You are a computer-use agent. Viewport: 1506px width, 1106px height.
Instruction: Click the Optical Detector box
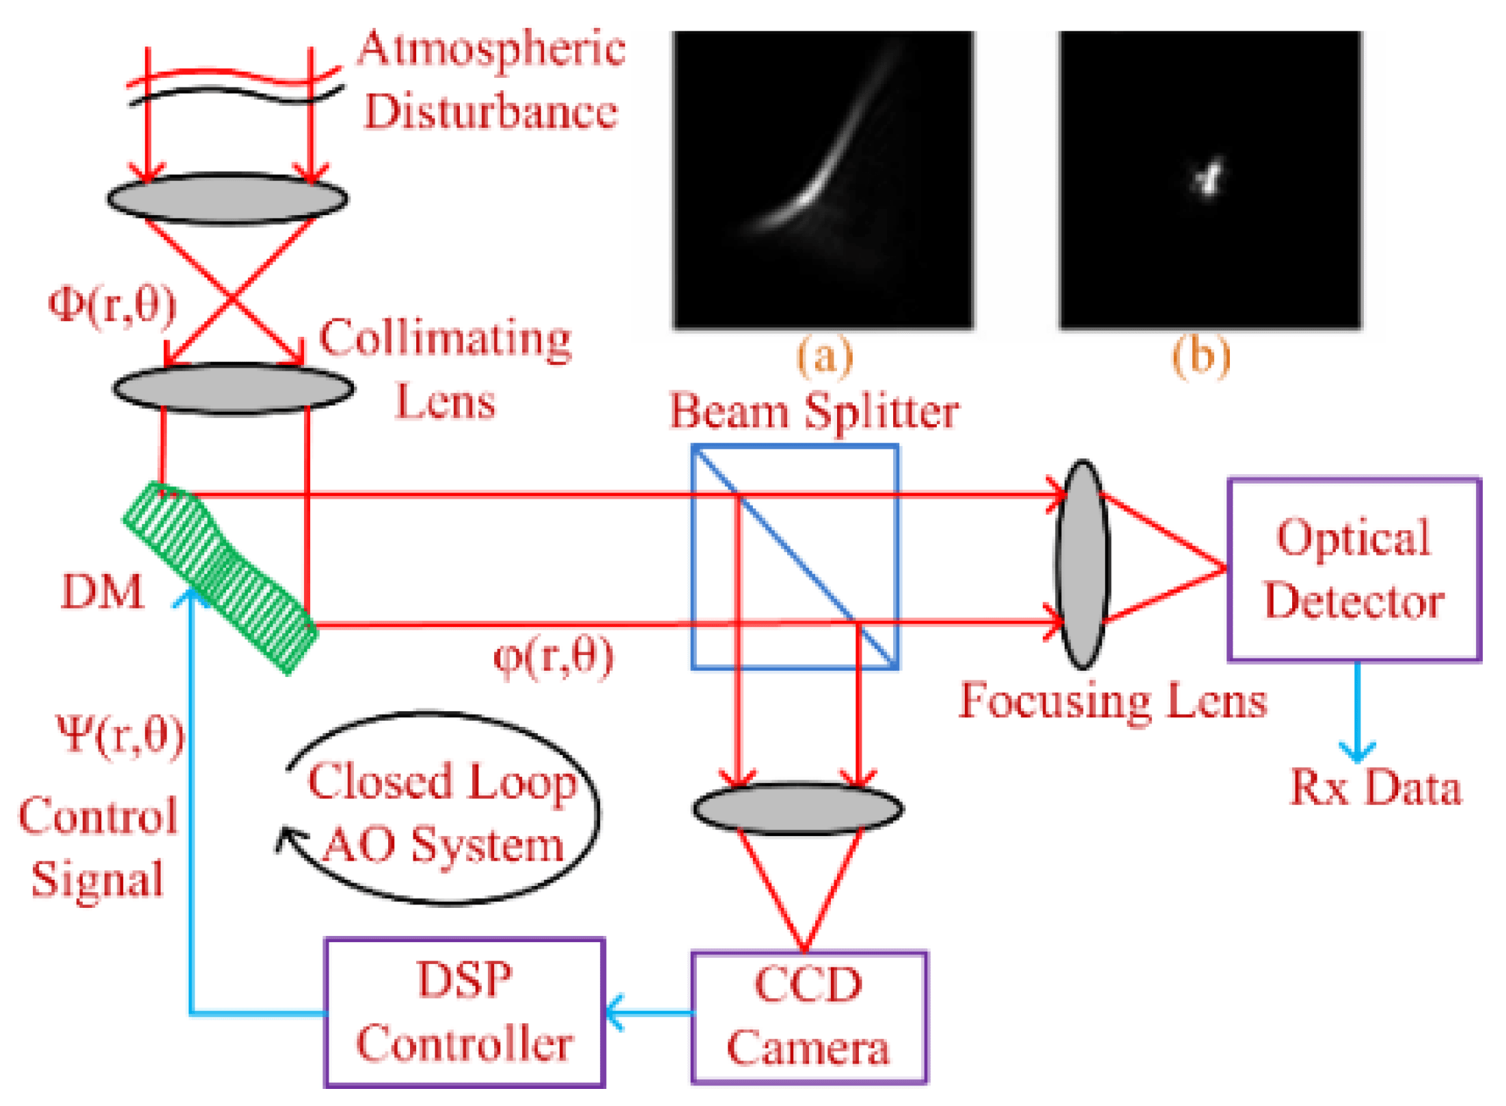click(1354, 569)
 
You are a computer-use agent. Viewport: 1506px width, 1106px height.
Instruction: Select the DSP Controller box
click(465, 1012)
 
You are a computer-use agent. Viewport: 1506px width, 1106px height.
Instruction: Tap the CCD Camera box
click(809, 1017)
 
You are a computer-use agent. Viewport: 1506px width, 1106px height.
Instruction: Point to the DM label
click(102, 592)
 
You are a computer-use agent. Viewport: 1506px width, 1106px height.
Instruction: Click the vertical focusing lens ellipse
click(1082, 564)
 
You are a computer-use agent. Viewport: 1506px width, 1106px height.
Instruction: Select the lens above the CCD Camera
click(798, 809)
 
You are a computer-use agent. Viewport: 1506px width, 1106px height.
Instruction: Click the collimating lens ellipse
click(234, 389)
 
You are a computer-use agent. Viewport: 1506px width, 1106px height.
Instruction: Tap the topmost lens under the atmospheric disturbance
click(228, 199)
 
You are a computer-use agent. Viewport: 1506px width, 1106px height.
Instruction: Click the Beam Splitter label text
click(813, 411)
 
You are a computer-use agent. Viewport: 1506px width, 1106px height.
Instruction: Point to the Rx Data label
click(1375, 788)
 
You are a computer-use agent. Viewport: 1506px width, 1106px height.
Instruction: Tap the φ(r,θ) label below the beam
click(553, 657)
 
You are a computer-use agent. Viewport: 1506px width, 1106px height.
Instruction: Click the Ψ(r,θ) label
click(120, 736)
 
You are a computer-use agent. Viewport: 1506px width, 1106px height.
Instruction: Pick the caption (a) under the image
click(825, 356)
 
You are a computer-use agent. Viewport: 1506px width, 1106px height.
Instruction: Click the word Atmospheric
click(491, 49)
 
